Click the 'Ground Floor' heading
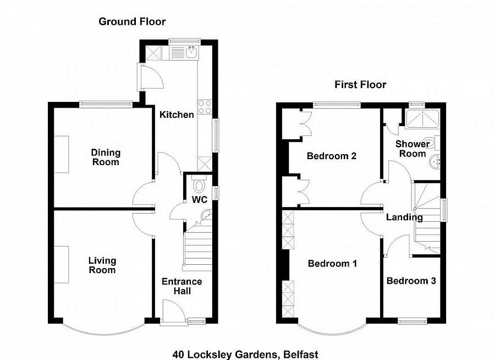point(132,21)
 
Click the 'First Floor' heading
point(360,84)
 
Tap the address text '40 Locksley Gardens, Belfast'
point(245,354)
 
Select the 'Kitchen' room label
point(177,114)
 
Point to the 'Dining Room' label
point(105,157)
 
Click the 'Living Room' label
point(102,265)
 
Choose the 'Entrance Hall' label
point(182,286)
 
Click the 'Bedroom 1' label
point(332,264)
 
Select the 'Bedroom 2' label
point(331,156)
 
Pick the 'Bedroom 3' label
point(411,281)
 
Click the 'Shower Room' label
point(413,149)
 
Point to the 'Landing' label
point(404,217)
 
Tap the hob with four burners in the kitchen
point(205,107)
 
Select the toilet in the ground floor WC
point(199,184)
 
